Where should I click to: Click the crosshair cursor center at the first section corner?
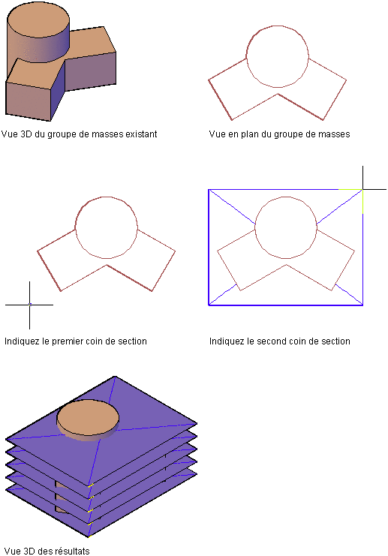pos(30,305)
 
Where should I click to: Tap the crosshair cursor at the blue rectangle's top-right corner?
pos(362,190)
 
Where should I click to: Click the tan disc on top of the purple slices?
pos(88,419)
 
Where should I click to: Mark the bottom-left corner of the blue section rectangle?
pos(209,305)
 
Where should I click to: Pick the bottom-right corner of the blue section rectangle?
pos(362,305)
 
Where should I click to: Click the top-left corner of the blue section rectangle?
pos(209,190)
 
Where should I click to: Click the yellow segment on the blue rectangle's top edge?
pos(350,190)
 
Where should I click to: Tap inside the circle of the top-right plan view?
pos(278,56)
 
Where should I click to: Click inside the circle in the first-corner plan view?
pos(107,227)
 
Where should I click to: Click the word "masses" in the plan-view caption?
pos(332,134)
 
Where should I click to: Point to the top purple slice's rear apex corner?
pos(115,376)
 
